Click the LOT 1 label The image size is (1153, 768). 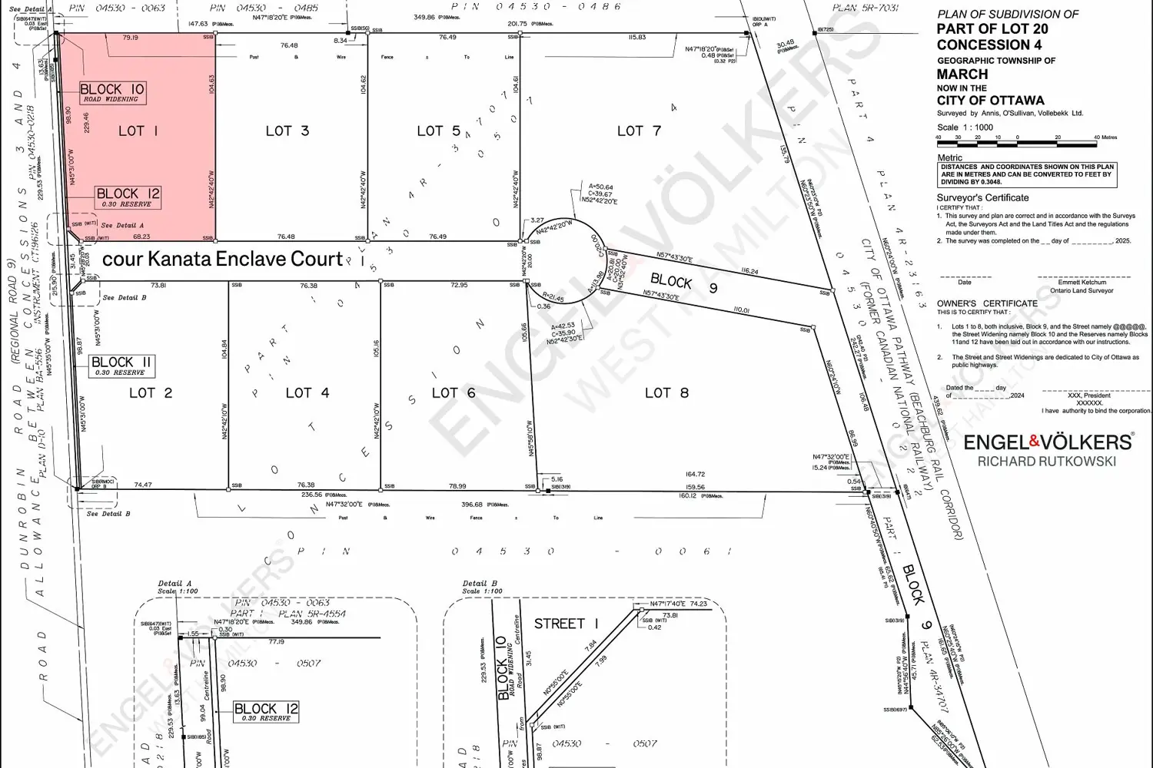[138, 131]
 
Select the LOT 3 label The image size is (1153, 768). [287, 131]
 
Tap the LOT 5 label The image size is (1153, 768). [439, 131]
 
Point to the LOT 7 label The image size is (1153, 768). [639, 131]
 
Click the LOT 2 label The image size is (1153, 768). [151, 392]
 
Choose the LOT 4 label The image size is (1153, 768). [307, 392]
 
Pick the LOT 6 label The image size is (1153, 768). [454, 392]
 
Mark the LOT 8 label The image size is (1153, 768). [666, 392]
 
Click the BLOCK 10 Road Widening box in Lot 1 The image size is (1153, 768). [112, 92]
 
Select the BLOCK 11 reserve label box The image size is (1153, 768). [121, 366]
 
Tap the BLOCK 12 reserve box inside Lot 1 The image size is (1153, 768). [128, 197]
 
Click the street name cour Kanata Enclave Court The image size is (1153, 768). [222, 259]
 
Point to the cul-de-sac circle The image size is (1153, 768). [568, 257]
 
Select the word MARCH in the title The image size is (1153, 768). [962, 74]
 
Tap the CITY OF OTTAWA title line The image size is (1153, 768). [990, 101]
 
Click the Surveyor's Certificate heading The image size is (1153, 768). [982, 198]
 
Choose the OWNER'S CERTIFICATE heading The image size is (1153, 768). [987, 303]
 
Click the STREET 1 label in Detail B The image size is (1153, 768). [566, 624]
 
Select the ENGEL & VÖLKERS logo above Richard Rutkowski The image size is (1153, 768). [1048, 442]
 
